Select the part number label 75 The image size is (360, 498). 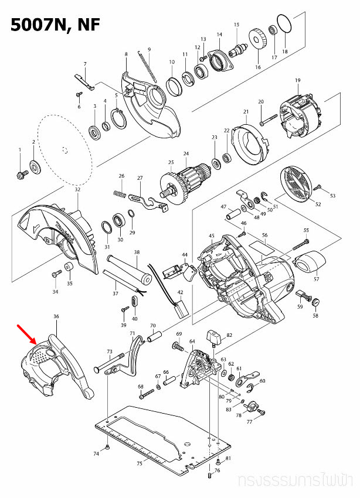click(139, 463)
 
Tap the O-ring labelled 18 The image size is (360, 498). click(284, 24)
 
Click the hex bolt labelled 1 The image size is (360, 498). click(21, 174)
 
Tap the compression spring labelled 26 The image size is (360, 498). click(120, 193)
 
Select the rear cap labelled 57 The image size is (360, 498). click(308, 261)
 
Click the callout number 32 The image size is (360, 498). click(77, 189)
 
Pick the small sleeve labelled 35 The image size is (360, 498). click(69, 268)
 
